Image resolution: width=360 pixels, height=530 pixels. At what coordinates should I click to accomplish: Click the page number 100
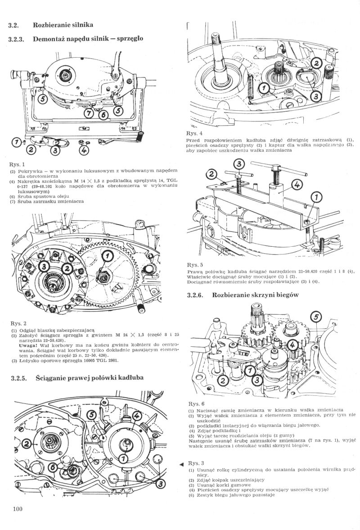18,509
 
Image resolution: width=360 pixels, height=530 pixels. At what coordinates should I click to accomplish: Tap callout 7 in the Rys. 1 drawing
16,142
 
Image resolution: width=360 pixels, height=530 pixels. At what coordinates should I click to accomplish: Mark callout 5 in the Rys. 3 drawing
91,415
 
